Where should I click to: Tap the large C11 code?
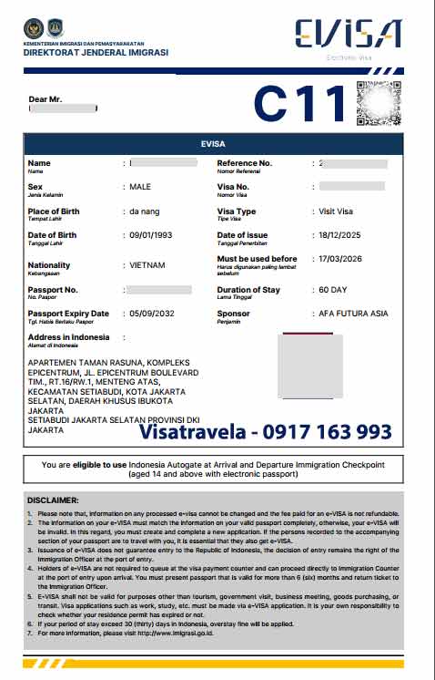point(299,103)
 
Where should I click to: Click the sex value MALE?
point(141,187)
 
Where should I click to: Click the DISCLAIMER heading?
point(53,500)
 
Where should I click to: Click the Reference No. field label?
point(245,163)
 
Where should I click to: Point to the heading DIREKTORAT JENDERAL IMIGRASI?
point(96,53)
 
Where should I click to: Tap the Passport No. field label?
point(53,289)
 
